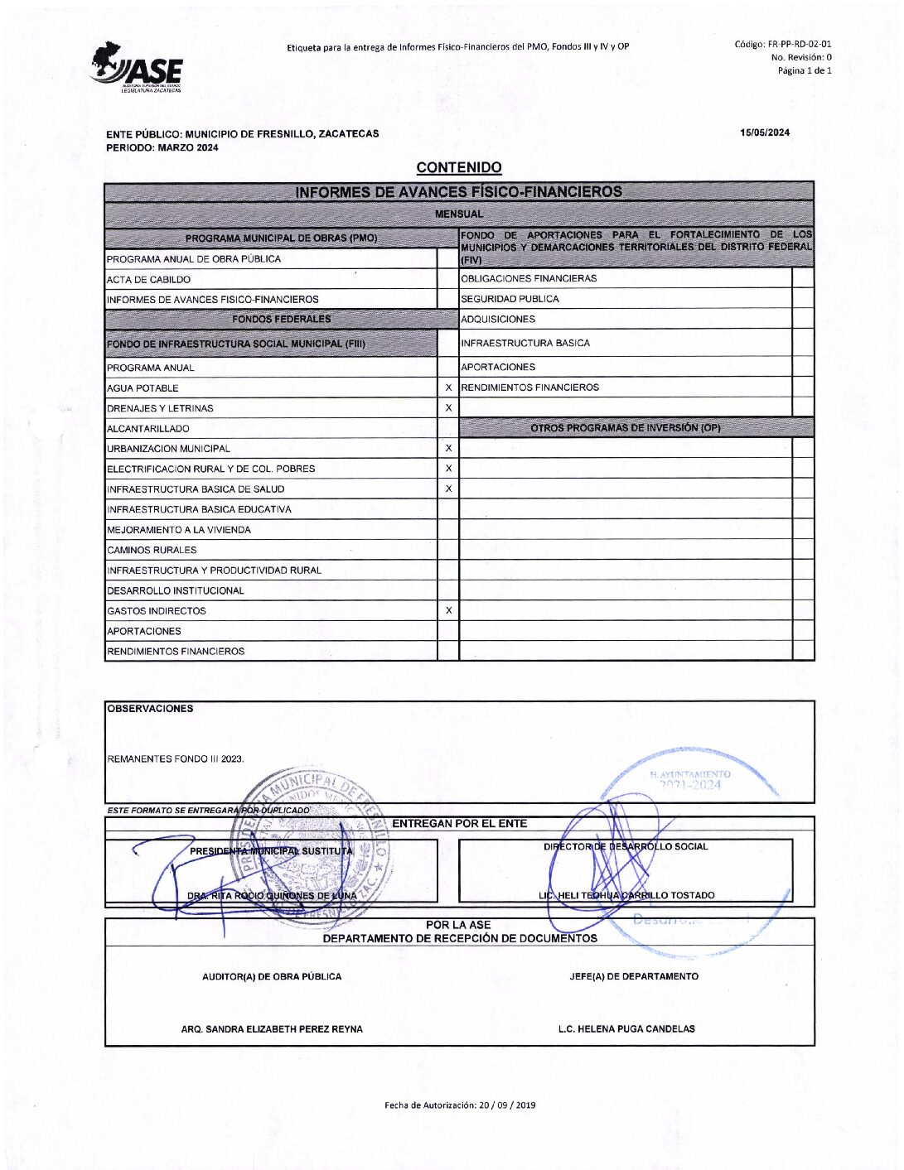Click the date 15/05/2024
765,132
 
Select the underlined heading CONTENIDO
459,168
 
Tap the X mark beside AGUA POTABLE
448,388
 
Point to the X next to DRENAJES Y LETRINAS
448,408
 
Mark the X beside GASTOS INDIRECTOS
448,610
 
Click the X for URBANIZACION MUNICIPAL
448,448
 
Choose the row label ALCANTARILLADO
148,429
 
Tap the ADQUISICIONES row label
498,320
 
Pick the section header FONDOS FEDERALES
281,319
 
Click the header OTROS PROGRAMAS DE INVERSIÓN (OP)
625,428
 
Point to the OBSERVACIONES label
150,709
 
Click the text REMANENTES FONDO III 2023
176,758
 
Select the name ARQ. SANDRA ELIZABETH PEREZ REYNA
272,1029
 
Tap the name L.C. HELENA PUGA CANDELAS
626,1029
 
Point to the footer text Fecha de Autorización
460,1105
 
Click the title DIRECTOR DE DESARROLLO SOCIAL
626,846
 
